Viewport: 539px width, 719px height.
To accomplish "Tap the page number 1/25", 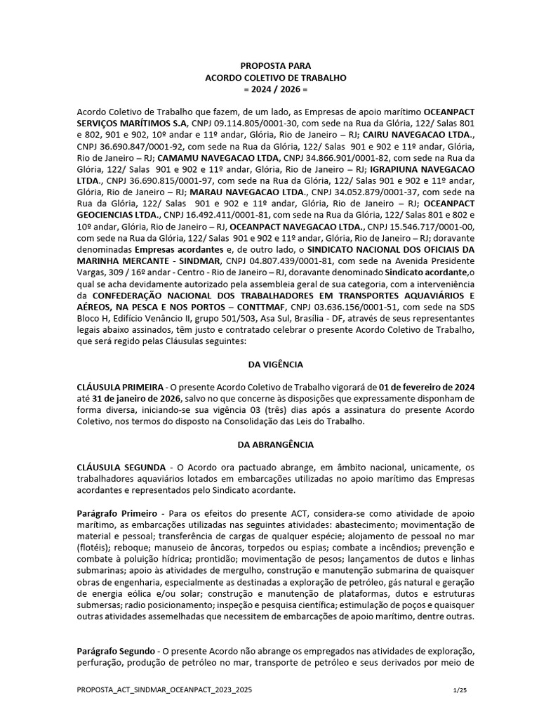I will tap(460, 691).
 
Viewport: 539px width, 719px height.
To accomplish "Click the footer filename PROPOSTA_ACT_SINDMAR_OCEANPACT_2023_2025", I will tap(164, 691).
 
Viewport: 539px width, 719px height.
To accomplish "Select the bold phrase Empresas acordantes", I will tap(176, 249).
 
